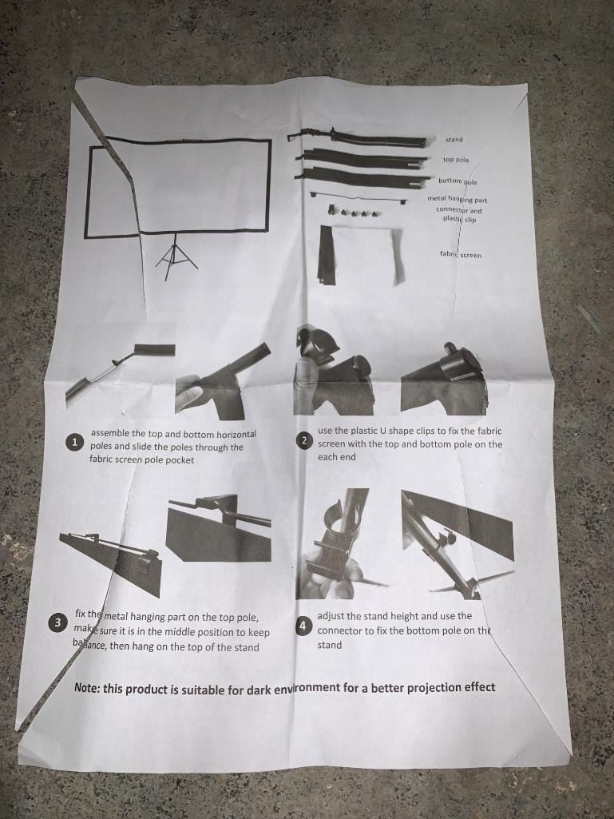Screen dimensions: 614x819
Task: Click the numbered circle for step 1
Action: click(x=74, y=442)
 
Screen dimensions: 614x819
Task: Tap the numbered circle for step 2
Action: click(x=304, y=441)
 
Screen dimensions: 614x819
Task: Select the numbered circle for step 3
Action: click(x=57, y=622)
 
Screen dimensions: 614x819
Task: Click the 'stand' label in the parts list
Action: click(x=454, y=140)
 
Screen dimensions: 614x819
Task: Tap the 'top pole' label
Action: click(x=456, y=160)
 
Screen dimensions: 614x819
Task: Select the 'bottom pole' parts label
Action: click(x=458, y=181)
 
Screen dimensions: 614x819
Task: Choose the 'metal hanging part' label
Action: click(x=458, y=199)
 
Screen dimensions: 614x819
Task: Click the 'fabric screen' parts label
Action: click(x=461, y=255)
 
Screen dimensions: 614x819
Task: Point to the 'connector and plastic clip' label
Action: click(x=459, y=215)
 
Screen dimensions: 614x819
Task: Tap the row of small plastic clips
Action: click(x=355, y=212)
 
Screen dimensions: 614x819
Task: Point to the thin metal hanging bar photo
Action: click(x=358, y=197)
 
